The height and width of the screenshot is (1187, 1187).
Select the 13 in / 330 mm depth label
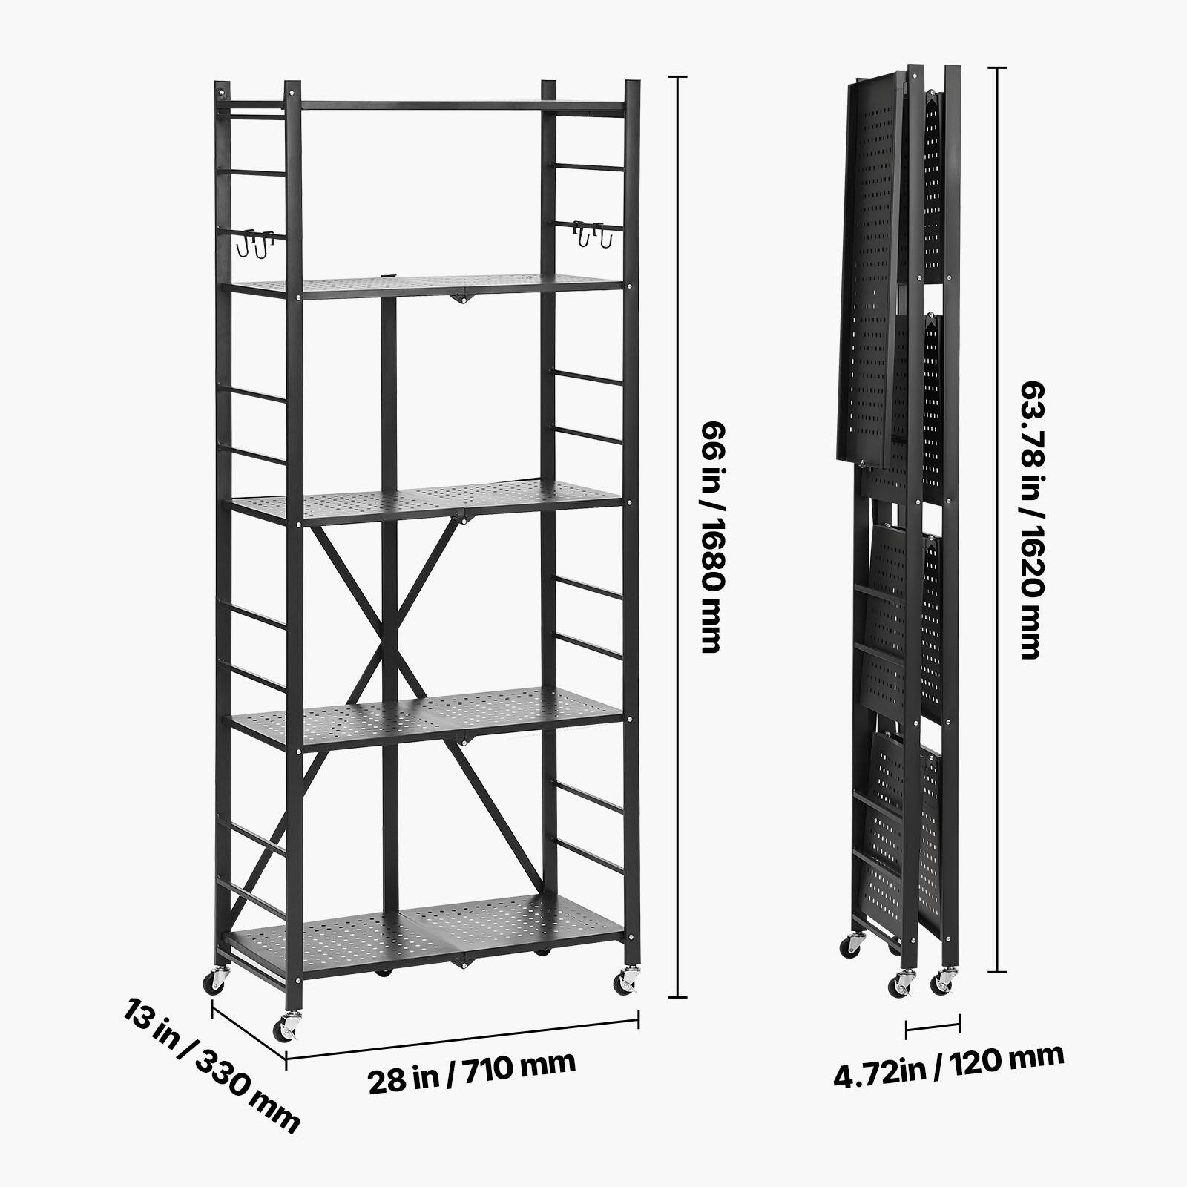tap(211, 1065)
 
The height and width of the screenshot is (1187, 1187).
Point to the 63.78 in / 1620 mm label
tap(1031, 519)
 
